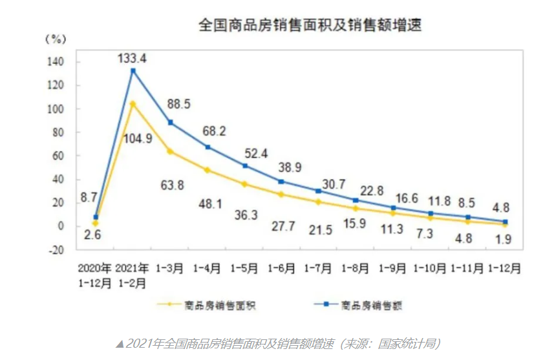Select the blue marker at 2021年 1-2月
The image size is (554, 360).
coord(133,70)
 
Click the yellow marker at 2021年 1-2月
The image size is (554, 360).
coord(133,103)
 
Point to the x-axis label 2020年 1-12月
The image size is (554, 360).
coord(95,275)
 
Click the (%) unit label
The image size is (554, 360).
coord(56,38)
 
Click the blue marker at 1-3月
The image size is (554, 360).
coord(170,122)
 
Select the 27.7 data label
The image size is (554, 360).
coord(281,226)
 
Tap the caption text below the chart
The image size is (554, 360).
coord(278,343)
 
